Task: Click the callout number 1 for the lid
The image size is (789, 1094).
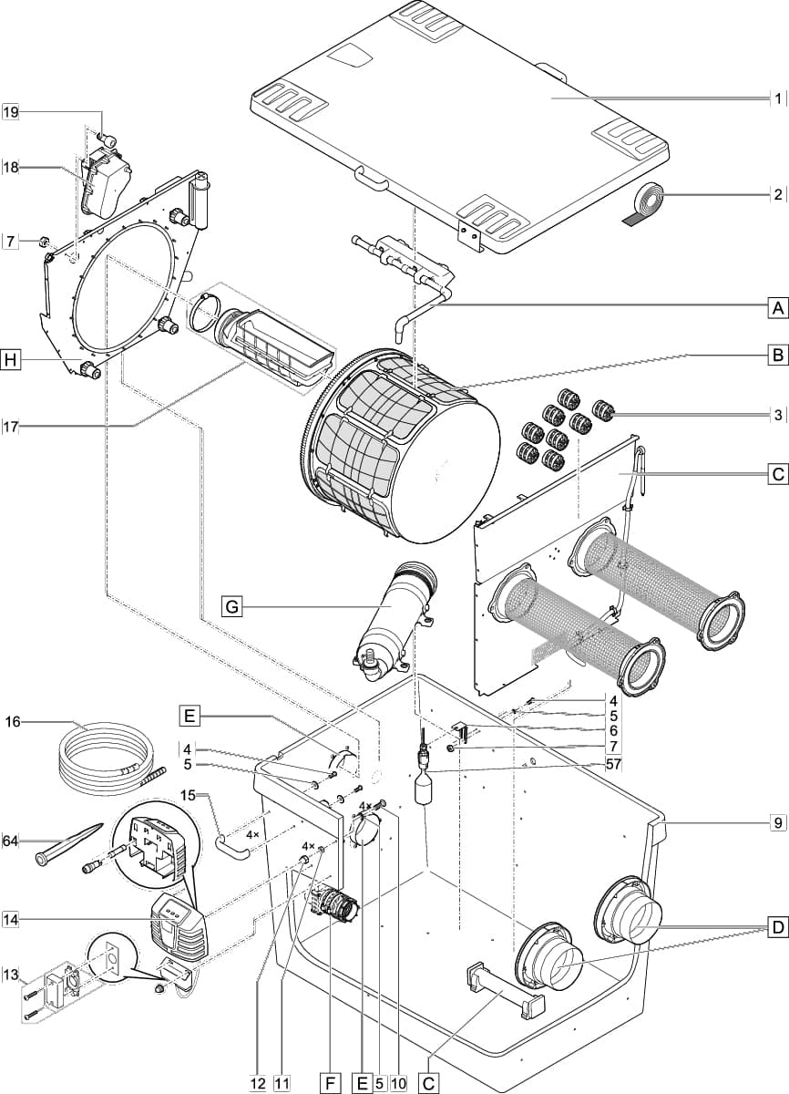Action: [777, 98]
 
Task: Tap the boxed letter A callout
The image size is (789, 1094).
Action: [777, 307]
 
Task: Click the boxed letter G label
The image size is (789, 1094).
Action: [232, 604]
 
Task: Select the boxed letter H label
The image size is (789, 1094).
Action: [11, 360]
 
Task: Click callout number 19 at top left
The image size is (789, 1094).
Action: [11, 112]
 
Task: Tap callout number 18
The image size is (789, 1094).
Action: [11, 168]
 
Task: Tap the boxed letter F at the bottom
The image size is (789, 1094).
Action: [330, 1082]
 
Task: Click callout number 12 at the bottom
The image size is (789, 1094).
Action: [258, 1082]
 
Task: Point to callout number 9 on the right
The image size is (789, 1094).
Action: [777, 823]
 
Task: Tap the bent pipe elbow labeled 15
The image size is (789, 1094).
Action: [232, 847]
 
